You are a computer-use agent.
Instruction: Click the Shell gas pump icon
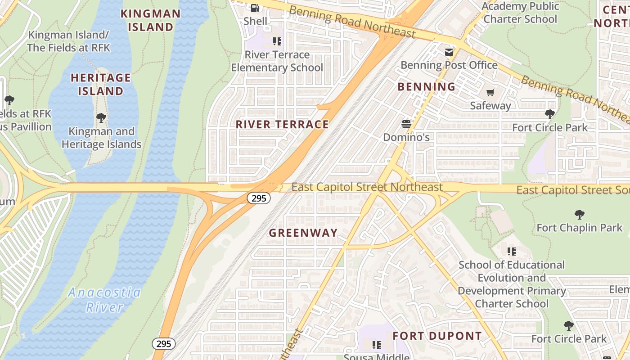coord(255,8)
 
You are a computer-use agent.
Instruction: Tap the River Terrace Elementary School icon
coord(277,41)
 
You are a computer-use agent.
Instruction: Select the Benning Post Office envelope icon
coord(449,52)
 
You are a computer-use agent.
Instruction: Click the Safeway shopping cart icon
coord(490,93)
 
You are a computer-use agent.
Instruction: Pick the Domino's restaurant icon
coord(407,124)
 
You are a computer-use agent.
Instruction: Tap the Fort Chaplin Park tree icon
coord(579,215)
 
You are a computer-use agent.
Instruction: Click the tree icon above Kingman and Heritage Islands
coord(101,118)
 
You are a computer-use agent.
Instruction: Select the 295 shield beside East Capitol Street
coord(259,198)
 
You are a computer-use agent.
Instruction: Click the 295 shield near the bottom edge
coord(164,344)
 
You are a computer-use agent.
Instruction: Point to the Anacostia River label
coord(104,300)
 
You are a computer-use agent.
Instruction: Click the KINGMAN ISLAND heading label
coord(150,20)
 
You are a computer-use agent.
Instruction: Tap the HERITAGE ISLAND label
coord(101,84)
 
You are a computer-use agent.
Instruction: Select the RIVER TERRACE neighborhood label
coord(282,125)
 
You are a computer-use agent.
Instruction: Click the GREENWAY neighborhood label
coord(303,233)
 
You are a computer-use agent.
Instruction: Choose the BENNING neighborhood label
coord(427,87)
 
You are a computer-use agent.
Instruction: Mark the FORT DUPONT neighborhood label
coord(437,336)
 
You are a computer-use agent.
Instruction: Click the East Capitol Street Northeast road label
coord(367,187)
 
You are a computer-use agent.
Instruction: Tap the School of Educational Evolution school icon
coord(511,251)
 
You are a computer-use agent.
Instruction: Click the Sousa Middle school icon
coord(377,345)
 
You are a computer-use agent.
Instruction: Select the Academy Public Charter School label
coord(520,13)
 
